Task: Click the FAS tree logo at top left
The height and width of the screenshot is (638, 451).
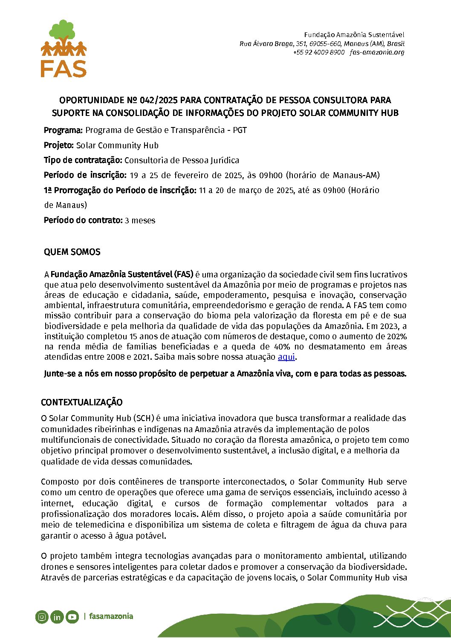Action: (x=64, y=48)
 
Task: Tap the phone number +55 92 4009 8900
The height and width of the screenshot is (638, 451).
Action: (x=318, y=52)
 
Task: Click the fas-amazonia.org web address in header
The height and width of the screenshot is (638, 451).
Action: (x=377, y=52)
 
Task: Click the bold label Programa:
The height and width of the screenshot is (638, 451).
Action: (x=63, y=130)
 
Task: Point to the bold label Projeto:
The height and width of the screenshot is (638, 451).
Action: (x=59, y=145)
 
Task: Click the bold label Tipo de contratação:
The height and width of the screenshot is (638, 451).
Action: (x=83, y=160)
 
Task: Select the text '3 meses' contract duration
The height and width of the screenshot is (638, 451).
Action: (x=140, y=220)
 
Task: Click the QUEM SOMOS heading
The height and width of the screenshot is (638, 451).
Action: (x=72, y=252)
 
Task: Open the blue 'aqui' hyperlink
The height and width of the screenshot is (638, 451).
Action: (x=286, y=357)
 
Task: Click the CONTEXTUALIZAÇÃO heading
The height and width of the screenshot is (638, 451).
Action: (x=81, y=402)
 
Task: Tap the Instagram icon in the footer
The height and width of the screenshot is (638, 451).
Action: (x=42, y=617)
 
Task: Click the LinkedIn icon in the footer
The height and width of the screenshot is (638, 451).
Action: (x=57, y=617)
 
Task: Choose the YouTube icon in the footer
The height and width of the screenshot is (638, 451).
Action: (x=72, y=617)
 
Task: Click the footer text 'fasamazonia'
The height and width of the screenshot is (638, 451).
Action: (x=111, y=616)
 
